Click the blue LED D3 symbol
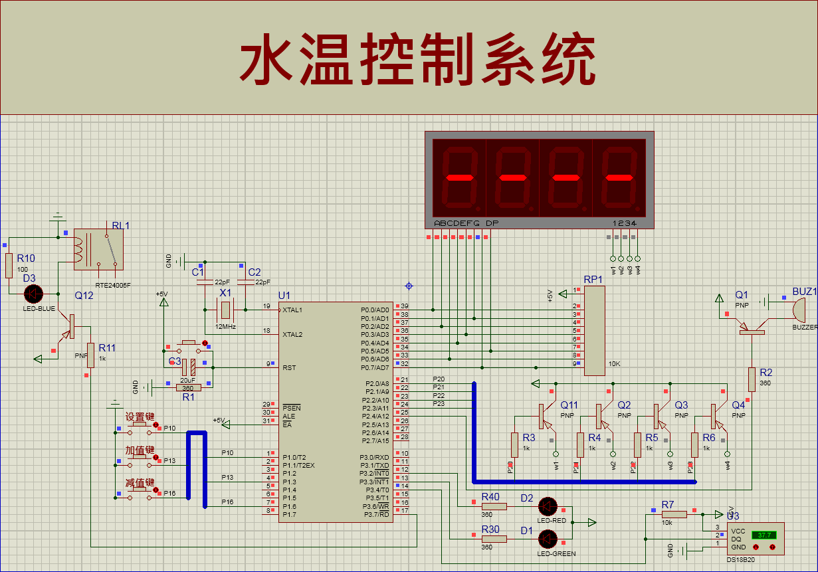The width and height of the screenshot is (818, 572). point(33,294)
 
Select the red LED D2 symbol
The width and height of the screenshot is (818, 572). point(548,506)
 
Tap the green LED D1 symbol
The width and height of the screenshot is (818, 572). point(548,539)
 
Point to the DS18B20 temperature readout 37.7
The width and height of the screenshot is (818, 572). point(764,535)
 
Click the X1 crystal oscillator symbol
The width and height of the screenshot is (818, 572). point(226,310)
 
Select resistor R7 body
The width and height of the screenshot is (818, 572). point(674,514)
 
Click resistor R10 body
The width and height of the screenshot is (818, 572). point(9,266)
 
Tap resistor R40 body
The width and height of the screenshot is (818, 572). point(494,506)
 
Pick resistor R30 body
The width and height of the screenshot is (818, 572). point(494,539)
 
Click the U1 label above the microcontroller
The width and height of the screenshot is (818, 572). point(284,295)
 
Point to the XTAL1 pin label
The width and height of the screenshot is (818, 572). point(293,310)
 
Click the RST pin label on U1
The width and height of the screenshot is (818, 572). point(289,367)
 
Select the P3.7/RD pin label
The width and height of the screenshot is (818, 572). point(375,514)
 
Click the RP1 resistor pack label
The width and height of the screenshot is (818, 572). point(593,280)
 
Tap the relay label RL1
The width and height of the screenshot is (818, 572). point(121,226)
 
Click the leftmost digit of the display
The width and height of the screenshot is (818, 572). point(459,177)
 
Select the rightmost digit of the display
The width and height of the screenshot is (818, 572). point(618,177)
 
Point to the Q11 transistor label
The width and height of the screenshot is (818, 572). point(569,405)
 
